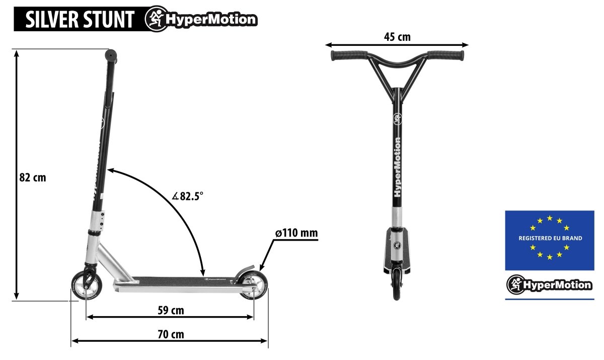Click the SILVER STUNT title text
(80, 20)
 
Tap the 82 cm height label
(33, 178)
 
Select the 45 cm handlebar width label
(397, 37)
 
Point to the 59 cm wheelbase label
(171, 310)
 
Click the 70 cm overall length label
(171, 334)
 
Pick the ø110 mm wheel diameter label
(296, 233)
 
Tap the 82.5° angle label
(188, 196)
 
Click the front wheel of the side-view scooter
(87, 285)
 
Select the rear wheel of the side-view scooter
(254, 285)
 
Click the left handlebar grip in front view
(349, 55)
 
